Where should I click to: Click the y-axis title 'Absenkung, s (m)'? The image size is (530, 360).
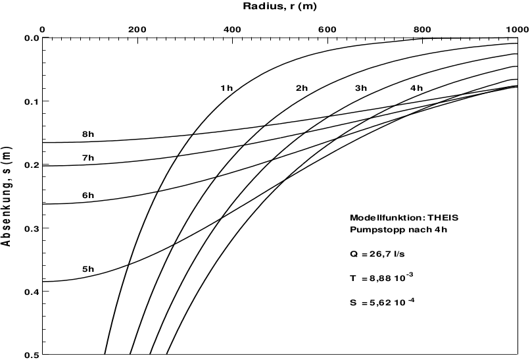coord(7,196)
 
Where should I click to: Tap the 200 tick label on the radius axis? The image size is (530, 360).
coord(137,29)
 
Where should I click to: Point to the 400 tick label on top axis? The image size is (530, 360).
coord(231,29)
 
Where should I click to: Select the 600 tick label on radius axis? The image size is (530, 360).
coord(326,29)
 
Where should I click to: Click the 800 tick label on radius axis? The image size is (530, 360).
coord(422,29)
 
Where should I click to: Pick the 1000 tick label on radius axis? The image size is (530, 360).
coord(514,29)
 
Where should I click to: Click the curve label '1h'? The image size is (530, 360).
coord(226,88)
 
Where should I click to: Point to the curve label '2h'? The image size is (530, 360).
coord(302,88)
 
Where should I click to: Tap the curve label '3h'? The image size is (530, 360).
coord(361,88)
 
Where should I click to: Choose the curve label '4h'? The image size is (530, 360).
coord(416,88)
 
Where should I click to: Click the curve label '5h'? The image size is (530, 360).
coord(88,269)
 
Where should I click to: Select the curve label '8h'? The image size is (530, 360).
coord(88,135)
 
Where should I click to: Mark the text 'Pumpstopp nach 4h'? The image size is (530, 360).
coord(389,230)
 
